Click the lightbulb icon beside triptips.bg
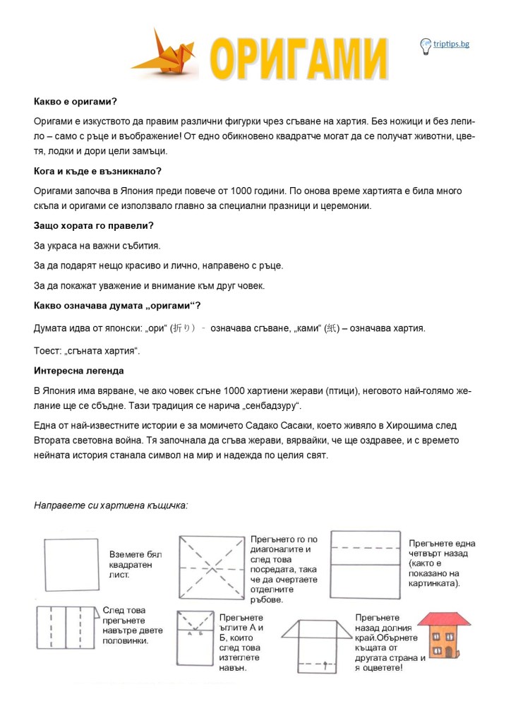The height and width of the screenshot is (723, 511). [x=426, y=46]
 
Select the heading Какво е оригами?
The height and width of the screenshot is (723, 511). [x=75, y=102]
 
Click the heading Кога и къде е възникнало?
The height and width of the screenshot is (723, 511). [x=97, y=171]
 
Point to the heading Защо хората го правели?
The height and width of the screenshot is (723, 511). [x=93, y=225]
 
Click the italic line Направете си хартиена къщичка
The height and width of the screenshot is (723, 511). [x=111, y=506]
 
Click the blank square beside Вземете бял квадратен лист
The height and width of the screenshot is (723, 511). [x=71, y=566]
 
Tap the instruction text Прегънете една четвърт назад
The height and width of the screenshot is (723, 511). [x=442, y=563]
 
